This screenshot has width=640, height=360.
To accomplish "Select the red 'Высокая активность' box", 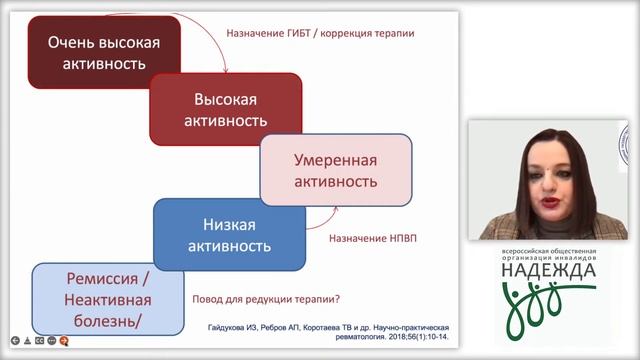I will pos(225,111).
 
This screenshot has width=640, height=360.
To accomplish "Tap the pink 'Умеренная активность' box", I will pos(335,170).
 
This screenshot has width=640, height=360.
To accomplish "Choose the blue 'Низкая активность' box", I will pos(231,233).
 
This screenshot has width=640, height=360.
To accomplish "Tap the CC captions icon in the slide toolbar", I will pos(38,340).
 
